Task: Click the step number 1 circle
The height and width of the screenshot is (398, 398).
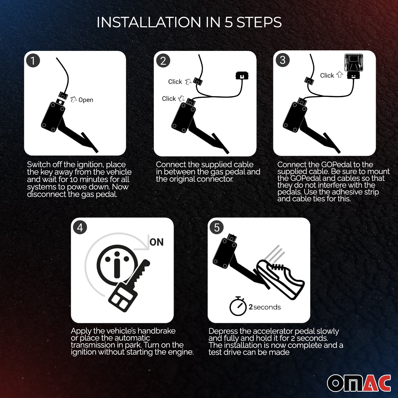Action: tap(33, 60)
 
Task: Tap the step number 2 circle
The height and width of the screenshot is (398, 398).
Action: tap(163, 61)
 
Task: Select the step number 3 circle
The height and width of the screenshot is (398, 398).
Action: tap(283, 60)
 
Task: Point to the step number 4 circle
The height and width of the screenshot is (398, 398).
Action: tap(80, 227)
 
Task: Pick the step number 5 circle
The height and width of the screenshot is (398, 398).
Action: tap(217, 227)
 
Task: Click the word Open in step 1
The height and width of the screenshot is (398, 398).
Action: tap(86, 100)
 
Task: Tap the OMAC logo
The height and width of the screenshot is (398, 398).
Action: tap(359, 383)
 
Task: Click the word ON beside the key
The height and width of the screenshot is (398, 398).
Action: tap(157, 242)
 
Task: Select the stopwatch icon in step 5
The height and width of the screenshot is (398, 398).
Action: tap(238, 306)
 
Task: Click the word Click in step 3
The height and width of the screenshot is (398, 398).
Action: tap(327, 75)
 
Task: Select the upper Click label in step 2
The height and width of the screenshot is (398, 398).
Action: tap(175, 82)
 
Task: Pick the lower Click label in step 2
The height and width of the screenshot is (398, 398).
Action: tap(169, 99)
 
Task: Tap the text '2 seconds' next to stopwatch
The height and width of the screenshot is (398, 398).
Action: tap(265, 307)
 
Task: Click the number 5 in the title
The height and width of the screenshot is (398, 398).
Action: tap(228, 22)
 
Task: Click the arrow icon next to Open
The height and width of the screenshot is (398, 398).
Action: tap(73, 99)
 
